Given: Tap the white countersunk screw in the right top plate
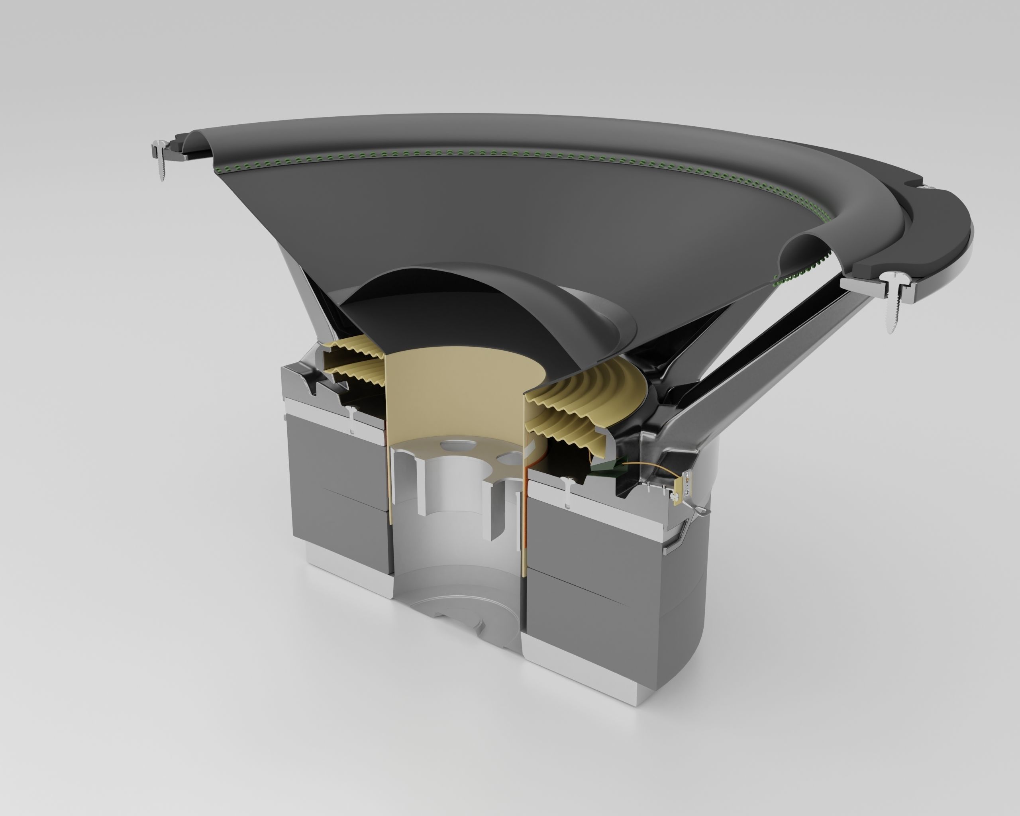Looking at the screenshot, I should point(568,492).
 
